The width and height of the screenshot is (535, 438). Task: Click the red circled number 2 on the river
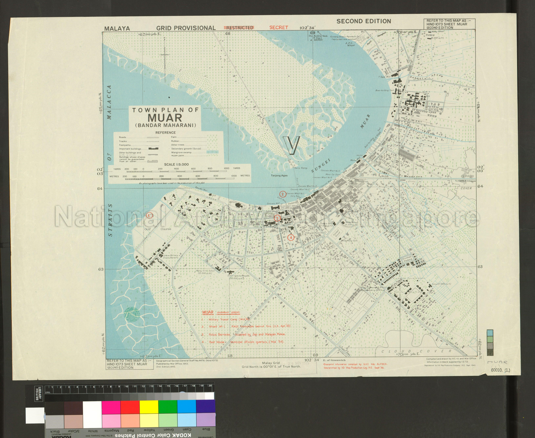(x=283, y=194)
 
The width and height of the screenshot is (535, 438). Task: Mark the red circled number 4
(x=291, y=237)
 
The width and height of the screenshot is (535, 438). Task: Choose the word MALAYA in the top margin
(x=117, y=28)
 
